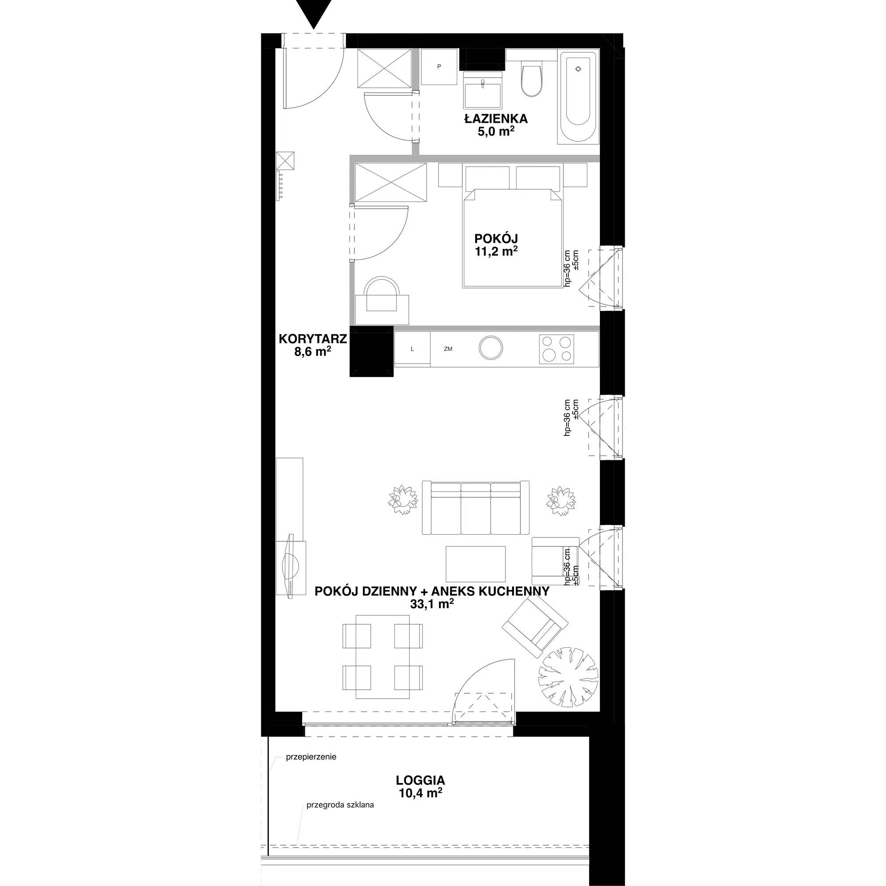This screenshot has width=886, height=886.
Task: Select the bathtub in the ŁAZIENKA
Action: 578,97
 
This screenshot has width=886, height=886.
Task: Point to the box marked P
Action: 439,67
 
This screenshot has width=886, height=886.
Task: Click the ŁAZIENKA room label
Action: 496,119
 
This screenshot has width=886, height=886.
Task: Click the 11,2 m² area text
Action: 497,251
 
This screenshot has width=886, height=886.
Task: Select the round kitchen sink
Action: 491,348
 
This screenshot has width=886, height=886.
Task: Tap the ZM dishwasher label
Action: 448,349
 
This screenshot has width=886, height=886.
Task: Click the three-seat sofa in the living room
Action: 475,508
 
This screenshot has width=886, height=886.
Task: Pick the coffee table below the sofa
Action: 476,563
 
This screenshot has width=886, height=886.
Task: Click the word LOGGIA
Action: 420,780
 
